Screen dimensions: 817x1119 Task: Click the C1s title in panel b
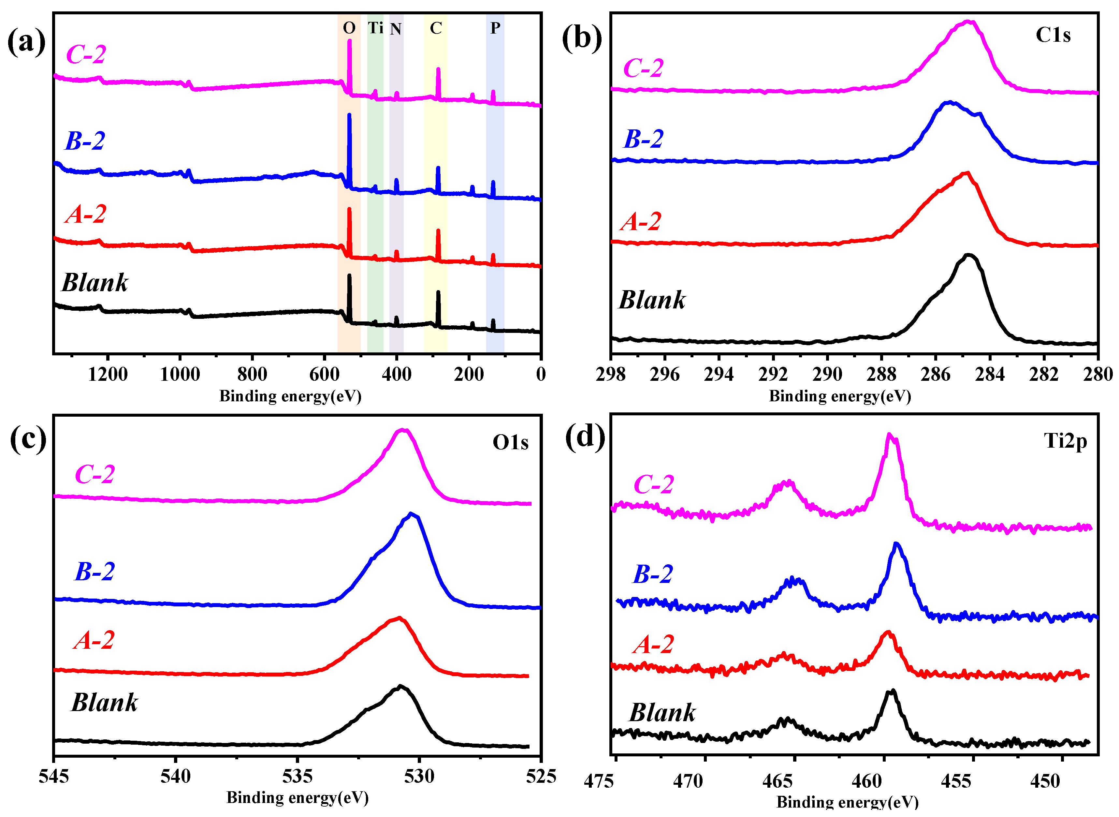click(x=1053, y=35)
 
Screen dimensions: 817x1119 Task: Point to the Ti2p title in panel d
click(x=1065, y=440)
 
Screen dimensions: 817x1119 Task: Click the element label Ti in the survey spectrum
click(x=376, y=28)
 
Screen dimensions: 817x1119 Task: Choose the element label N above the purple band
click(x=395, y=29)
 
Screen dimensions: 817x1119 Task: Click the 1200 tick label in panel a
click(x=108, y=374)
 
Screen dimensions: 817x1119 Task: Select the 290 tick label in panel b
click(x=827, y=374)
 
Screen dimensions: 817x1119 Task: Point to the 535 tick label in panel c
click(x=297, y=777)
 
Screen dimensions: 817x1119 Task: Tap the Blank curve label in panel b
click(x=652, y=300)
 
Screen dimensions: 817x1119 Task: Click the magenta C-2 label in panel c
click(x=94, y=474)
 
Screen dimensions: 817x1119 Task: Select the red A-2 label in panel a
click(x=85, y=214)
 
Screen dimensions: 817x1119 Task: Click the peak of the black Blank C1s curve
click(x=969, y=255)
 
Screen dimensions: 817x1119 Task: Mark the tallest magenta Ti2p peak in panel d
click(x=890, y=435)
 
